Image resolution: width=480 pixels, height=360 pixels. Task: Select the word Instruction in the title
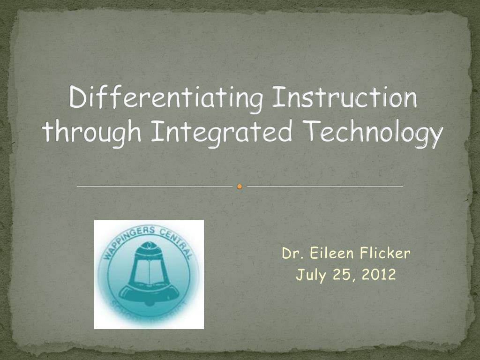[x=345, y=98]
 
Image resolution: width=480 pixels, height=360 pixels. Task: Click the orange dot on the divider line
[x=240, y=187]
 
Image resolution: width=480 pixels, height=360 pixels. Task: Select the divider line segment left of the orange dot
[x=155, y=187]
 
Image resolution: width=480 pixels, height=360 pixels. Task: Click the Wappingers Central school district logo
[x=149, y=274]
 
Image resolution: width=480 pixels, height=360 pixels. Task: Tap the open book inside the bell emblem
[x=149, y=273]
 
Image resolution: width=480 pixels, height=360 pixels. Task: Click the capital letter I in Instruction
[x=277, y=98]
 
